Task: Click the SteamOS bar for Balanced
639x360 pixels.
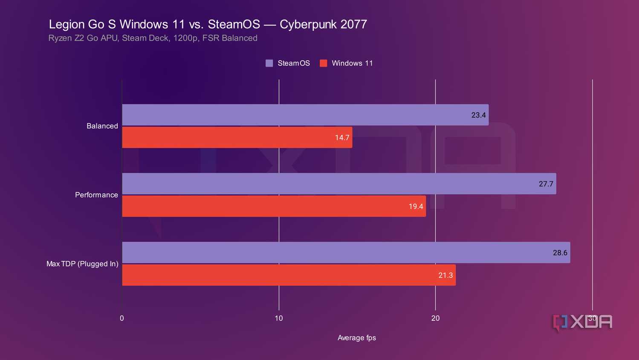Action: (305, 115)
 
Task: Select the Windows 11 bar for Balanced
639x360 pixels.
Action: (237, 137)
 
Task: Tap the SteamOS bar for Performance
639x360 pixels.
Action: (339, 184)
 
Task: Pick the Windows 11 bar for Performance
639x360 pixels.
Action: (274, 206)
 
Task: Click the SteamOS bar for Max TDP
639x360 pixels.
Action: (346, 253)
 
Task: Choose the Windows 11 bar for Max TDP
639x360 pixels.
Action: (289, 275)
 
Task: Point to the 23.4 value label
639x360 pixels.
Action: (478, 115)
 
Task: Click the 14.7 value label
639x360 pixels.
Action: (342, 138)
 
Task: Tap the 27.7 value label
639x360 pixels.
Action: (546, 184)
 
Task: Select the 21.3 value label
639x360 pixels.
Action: (445, 276)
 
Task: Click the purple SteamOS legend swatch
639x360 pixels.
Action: (269, 63)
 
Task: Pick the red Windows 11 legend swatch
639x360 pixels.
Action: (323, 63)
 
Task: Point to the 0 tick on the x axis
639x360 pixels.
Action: (122, 318)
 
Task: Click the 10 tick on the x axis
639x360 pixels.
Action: (279, 318)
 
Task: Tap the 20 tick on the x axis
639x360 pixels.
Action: (435, 318)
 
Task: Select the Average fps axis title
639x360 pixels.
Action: (357, 338)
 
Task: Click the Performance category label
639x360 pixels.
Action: (96, 195)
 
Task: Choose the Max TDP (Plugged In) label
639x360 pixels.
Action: (82, 264)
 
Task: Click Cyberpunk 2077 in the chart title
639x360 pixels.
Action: (323, 24)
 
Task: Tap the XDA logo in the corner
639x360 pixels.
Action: (582, 322)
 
